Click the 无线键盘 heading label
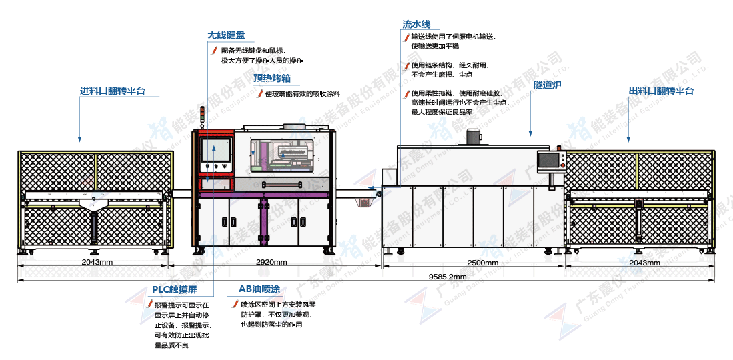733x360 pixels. [226, 35]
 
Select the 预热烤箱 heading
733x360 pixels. [271, 78]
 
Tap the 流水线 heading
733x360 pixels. [416, 24]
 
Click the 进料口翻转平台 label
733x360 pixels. [113, 91]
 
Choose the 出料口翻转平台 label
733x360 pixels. [661, 91]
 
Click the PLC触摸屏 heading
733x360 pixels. [173, 289]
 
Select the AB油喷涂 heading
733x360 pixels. [259, 289]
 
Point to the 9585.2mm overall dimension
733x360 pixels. [448, 275]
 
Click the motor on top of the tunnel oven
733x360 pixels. [474, 137]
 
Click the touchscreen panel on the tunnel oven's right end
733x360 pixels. [550, 161]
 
